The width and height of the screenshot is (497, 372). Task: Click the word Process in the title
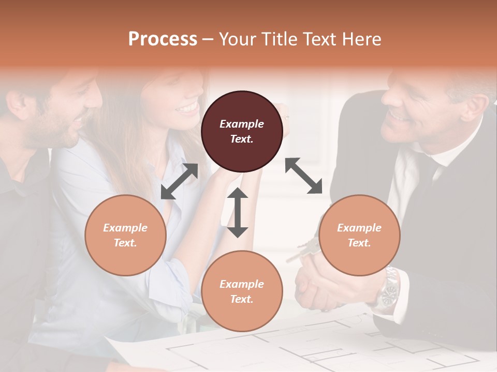point(163,39)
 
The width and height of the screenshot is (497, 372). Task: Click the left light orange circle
point(125,235)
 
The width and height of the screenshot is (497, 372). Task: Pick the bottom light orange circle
point(242,291)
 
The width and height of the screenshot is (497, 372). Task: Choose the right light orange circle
point(359,235)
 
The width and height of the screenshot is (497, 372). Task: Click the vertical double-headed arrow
point(238,212)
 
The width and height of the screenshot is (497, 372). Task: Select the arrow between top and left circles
point(179,181)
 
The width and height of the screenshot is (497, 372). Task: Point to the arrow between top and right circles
point(303,176)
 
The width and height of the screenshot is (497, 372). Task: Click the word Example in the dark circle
point(242,124)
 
